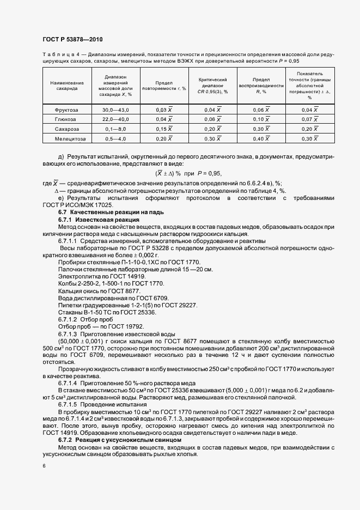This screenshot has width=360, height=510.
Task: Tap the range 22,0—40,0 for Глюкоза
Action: (x=115, y=119)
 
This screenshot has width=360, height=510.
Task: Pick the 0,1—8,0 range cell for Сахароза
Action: (x=115, y=129)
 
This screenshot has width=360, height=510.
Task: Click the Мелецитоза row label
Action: (x=67, y=139)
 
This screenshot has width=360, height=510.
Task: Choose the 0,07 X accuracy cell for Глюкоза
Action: (x=309, y=119)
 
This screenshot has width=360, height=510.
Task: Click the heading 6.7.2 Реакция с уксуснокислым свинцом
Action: (x=119, y=439)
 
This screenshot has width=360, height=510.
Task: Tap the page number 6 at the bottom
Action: (x=43, y=466)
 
